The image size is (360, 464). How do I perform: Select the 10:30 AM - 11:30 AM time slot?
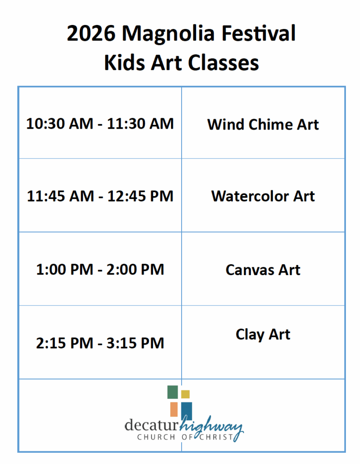(100, 124)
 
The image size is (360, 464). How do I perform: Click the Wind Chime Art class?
(263, 124)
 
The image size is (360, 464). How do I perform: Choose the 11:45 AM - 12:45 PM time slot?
(100, 196)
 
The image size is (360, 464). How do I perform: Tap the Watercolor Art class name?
(263, 196)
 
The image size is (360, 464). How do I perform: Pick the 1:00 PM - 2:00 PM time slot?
(100, 270)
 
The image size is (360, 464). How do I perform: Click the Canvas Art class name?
(263, 270)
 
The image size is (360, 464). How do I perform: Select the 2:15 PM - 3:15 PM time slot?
(100, 343)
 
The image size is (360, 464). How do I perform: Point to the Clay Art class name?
(263, 335)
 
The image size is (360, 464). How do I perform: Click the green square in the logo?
(172, 392)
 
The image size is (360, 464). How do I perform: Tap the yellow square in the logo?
(185, 394)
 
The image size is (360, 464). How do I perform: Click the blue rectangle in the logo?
(187, 411)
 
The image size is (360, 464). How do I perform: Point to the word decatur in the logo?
(152, 426)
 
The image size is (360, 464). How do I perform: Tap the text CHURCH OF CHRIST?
(185, 438)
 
